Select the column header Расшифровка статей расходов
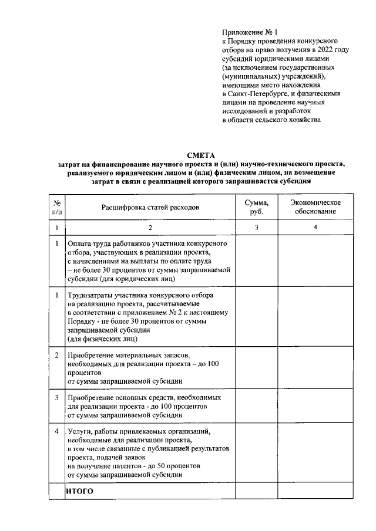(150, 208)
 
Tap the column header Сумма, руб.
(256, 207)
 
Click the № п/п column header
(56, 207)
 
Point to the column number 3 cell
(256, 227)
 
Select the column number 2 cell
(150, 227)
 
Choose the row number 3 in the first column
(56, 397)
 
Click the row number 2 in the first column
(56, 356)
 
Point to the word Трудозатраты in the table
(93, 296)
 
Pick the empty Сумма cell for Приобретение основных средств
(256, 405)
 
